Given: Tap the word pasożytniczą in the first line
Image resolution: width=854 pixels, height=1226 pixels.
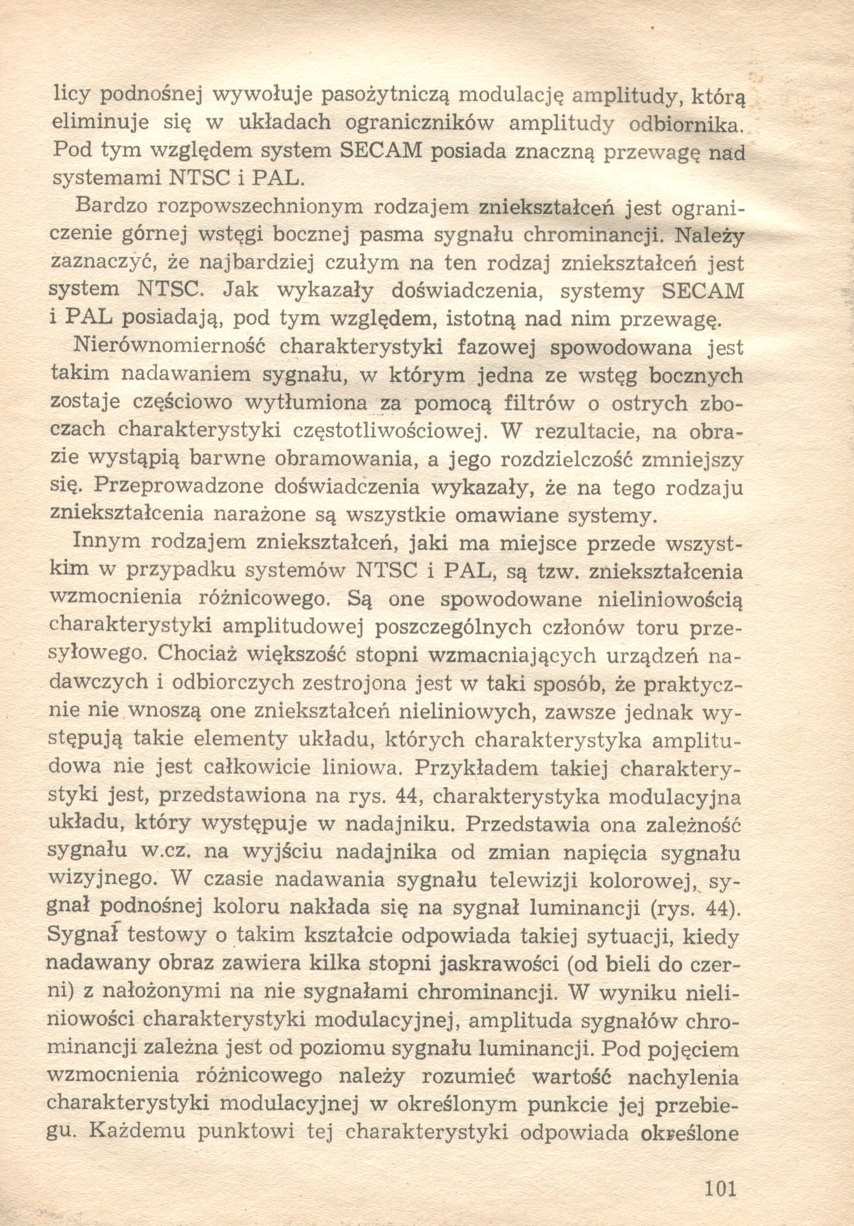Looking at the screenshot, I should tap(387, 96).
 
